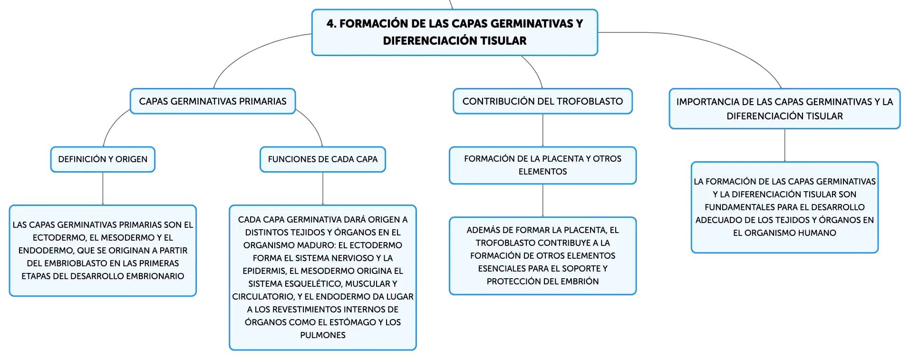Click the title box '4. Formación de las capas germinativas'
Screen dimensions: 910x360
coord(455,32)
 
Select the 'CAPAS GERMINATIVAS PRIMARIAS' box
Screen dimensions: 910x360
coord(213,101)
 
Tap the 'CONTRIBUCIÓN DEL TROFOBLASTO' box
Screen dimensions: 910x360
coord(542,101)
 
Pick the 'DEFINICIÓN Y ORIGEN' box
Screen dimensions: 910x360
coord(103,159)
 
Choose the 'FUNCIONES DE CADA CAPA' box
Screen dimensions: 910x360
coord(323,159)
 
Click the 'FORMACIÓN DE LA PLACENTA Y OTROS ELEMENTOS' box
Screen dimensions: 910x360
coord(542,165)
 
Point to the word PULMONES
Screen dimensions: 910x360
coord(323,335)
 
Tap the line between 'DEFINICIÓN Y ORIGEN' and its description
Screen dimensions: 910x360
coord(103,188)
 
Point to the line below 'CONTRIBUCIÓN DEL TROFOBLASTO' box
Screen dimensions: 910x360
coord(542,130)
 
